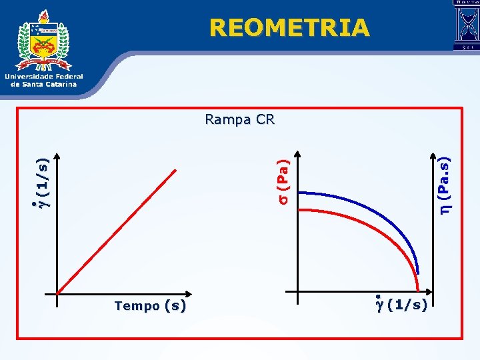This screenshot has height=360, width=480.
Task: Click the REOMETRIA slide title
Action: click(x=289, y=27)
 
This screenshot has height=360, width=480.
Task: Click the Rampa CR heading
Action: click(x=240, y=120)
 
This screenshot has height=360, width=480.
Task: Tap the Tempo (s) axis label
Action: click(x=150, y=306)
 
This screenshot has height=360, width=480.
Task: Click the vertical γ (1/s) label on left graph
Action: click(x=42, y=181)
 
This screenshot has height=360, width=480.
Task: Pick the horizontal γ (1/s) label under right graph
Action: click(x=403, y=305)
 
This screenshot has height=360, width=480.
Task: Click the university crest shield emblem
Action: click(x=45, y=43)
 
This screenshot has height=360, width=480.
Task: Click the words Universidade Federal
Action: click(x=44, y=77)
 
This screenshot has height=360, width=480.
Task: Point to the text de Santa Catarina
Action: click(x=44, y=84)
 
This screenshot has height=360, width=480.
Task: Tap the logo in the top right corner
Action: click(x=466, y=25)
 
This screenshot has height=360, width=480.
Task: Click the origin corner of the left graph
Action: click(x=58, y=293)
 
